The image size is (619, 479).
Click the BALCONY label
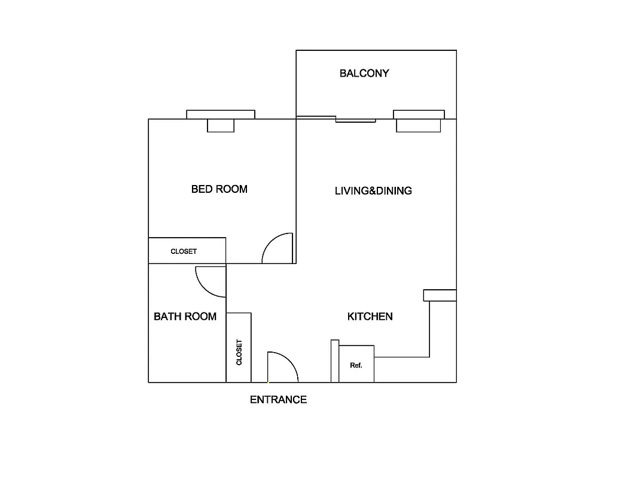(x=364, y=73)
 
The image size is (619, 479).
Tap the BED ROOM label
(x=219, y=189)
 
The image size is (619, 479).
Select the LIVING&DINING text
(x=373, y=191)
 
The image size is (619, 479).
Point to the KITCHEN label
(x=370, y=316)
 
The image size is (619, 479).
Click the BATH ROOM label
(x=185, y=316)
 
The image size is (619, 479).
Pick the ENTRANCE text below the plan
(x=278, y=399)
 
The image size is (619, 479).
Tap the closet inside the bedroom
(x=187, y=251)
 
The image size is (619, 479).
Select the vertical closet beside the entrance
(x=239, y=348)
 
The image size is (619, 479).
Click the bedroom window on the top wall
(x=221, y=114)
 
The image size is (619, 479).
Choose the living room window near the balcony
(x=419, y=114)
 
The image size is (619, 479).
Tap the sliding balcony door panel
(x=355, y=120)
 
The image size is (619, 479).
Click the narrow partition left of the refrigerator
(x=335, y=361)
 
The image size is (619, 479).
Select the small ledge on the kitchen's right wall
(x=440, y=295)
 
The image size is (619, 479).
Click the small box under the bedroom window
(x=221, y=126)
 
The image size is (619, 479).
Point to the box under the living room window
(x=419, y=126)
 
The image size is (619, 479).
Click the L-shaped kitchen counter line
(x=429, y=335)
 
